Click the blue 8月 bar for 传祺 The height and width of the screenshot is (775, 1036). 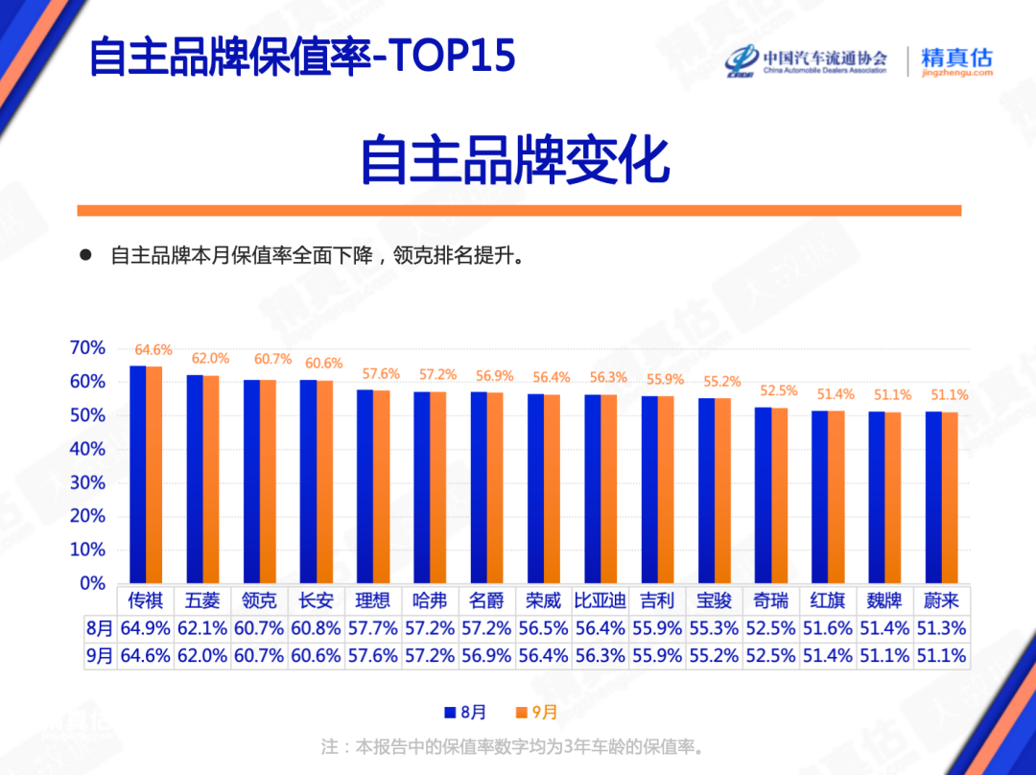click(x=138, y=475)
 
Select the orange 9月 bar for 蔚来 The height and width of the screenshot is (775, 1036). click(x=950, y=498)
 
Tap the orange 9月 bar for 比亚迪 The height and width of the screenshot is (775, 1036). click(x=608, y=489)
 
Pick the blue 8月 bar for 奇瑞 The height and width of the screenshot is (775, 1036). click(x=763, y=495)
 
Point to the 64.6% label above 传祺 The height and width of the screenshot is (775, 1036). click(x=153, y=350)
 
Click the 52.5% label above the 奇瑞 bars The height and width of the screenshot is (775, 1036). click(x=779, y=390)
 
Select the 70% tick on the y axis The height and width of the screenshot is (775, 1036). click(x=87, y=348)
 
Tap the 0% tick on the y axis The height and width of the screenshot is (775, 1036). click(x=92, y=583)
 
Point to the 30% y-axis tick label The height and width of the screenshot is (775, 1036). click(x=87, y=482)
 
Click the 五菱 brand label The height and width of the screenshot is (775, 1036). click(x=202, y=601)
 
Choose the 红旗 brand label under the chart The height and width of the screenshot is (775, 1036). click(x=828, y=601)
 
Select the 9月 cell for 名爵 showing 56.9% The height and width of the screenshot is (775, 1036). click(x=487, y=656)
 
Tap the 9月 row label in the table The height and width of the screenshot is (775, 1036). click(x=99, y=656)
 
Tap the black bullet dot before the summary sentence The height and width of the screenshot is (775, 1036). click(x=84, y=256)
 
